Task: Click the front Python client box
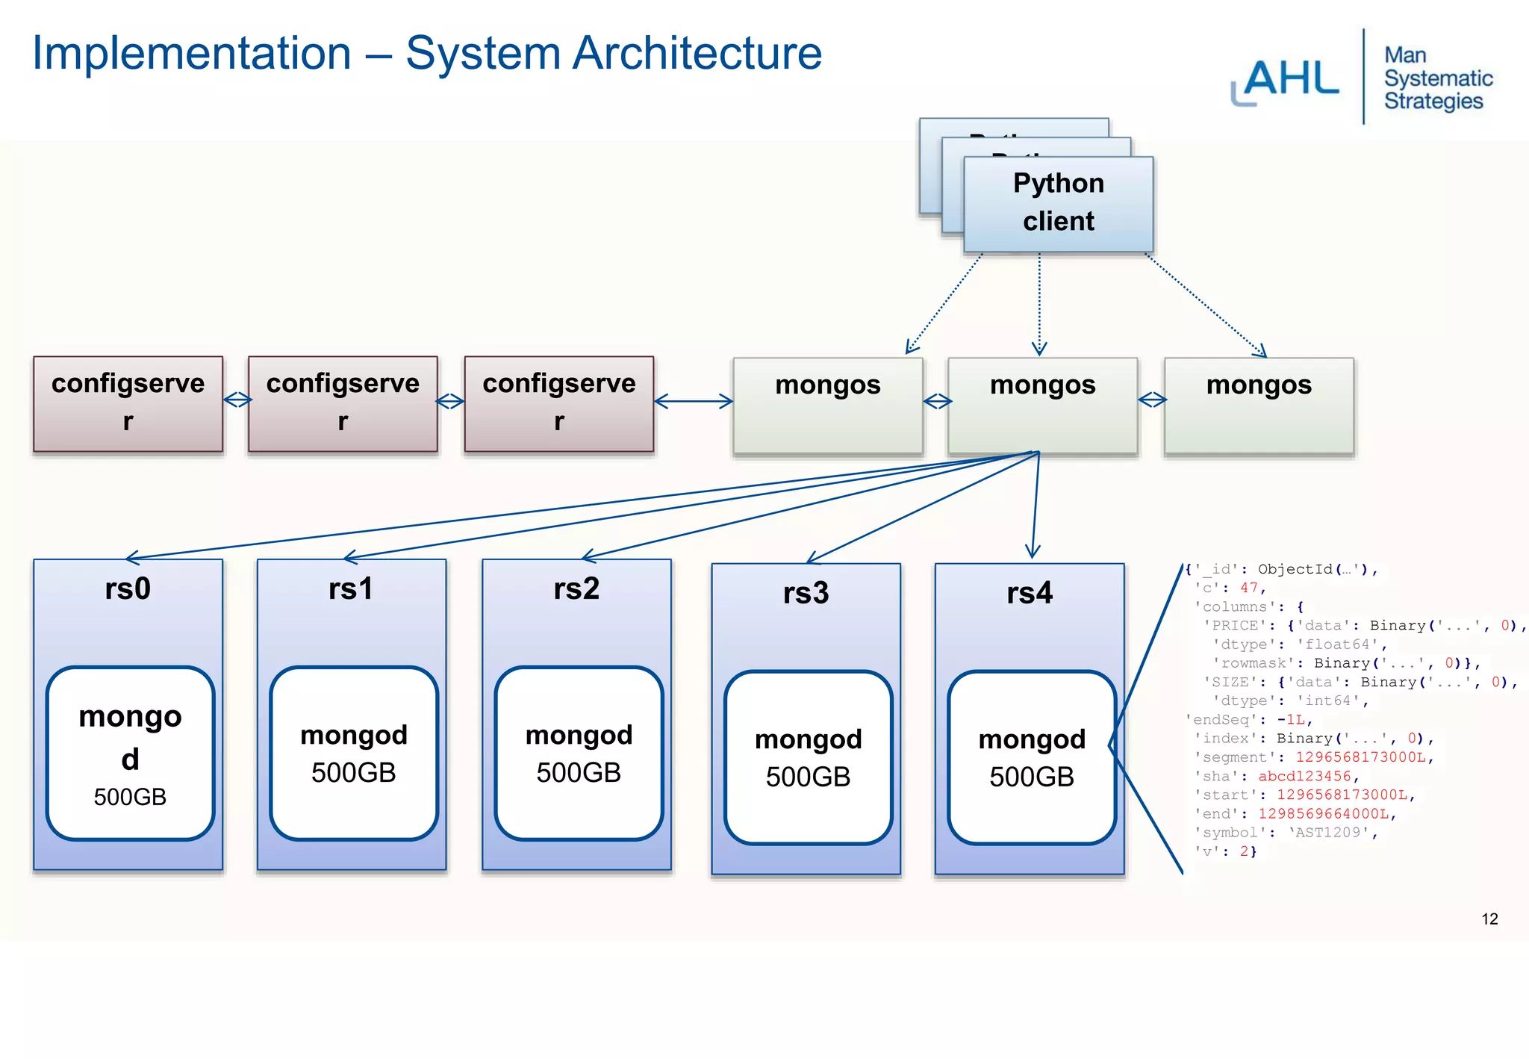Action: tap(1058, 203)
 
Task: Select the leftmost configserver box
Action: tap(128, 403)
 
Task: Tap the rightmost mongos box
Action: tap(1259, 406)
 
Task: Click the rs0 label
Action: tap(128, 588)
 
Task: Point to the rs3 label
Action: tap(806, 593)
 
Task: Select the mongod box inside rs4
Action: tap(1031, 757)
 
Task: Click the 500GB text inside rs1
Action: tap(353, 773)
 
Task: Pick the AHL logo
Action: tap(1286, 80)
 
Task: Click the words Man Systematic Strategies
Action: tap(1437, 78)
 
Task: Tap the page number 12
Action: tap(1489, 919)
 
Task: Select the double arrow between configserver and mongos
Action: tap(693, 402)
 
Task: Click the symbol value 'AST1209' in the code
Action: tap(1332, 833)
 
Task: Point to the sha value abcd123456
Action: tap(1304, 777)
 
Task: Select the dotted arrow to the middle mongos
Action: tap(1039, 306)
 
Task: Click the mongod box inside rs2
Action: tap(579, 753)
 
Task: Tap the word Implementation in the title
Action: tap(191, 54)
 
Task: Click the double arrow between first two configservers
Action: tap(237, 401)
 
